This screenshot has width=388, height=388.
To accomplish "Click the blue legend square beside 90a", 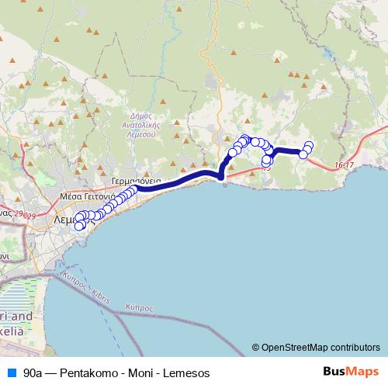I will pos(12,372).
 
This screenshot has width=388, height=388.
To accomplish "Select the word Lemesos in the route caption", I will pos(184,373).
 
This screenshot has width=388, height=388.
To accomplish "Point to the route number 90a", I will pos(33,373).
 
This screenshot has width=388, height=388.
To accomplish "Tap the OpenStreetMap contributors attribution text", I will pos(320,348).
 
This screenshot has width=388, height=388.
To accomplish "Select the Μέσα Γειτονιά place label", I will pos(86,197).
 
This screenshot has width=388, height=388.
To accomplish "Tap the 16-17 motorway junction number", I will pos(345,165).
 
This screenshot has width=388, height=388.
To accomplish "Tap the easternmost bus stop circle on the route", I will pos(310,145).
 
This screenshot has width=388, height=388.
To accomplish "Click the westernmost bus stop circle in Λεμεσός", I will pos(78,226).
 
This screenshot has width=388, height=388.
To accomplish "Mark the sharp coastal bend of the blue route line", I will pos(222,176).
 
